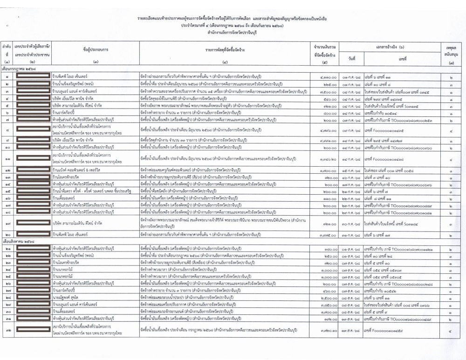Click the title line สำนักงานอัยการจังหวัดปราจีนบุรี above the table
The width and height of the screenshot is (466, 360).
233,34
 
